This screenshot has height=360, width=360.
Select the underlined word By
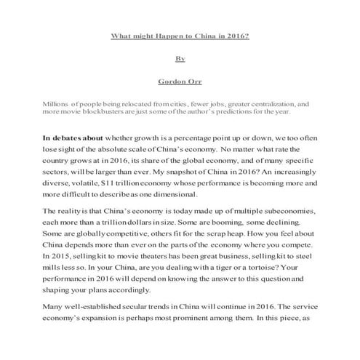[180, 58]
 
